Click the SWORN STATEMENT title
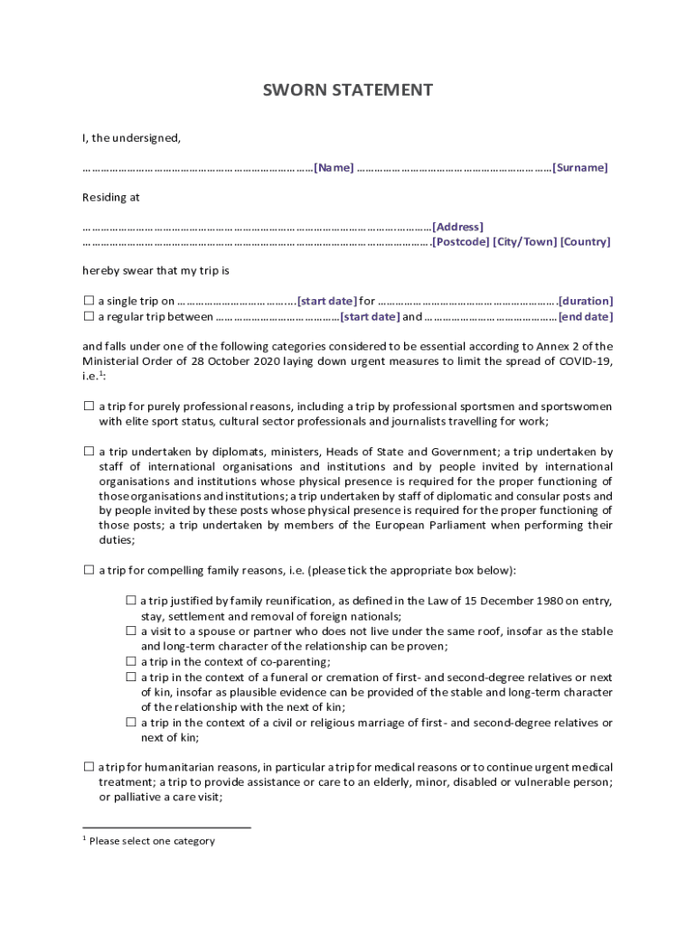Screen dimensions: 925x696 pos(347,90)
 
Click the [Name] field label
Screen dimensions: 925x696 pos(334,168)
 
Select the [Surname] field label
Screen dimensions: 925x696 pos(579,168)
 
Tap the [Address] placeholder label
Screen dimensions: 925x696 pos(457,227)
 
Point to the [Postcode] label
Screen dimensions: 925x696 pos(461,242)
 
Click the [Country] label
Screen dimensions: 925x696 pos(585,242)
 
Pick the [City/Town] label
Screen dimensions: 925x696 pos(524,242)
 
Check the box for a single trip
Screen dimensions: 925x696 pos(89,301)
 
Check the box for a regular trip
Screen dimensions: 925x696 pos(89,317)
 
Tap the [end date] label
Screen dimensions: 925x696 pos(585,317)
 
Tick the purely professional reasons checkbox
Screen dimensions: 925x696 pos(89,406)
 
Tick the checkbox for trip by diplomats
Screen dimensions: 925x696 pos(89,452)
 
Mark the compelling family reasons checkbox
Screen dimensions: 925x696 pos(89,570)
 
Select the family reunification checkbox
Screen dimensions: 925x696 pos(131,601)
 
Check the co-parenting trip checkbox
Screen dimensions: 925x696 pos(131,661)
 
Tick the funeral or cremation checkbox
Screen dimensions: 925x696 pos(131,677)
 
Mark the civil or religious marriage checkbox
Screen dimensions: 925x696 pos(131,723)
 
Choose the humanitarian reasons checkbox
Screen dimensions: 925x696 pos(89,767)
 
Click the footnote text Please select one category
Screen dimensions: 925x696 pos(152,841)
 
